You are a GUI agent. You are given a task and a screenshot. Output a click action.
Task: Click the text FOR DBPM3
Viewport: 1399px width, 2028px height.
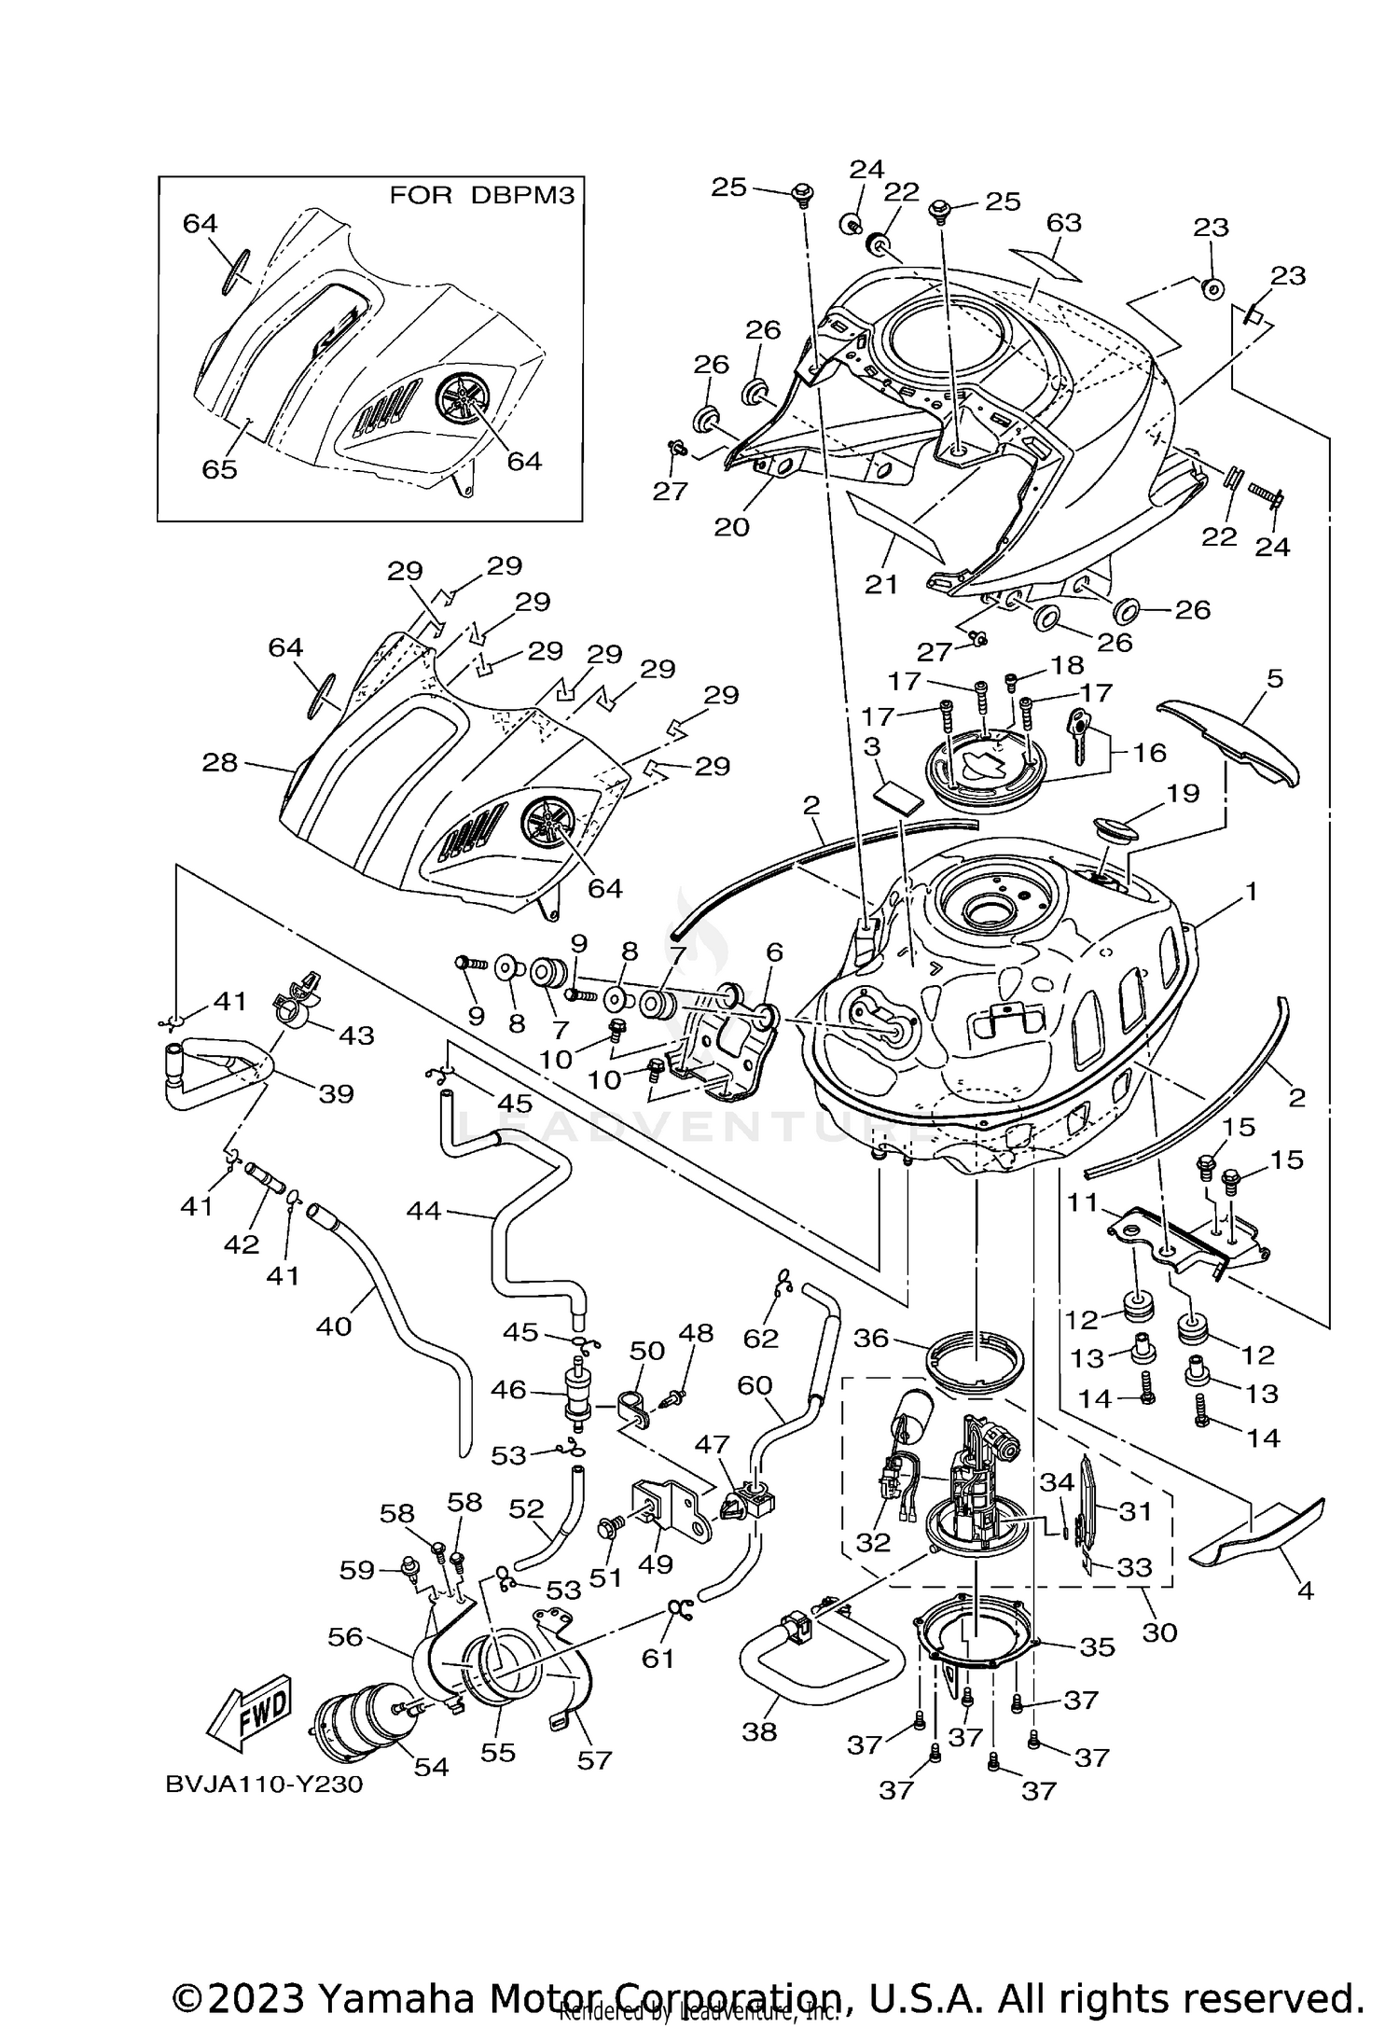(480, 195)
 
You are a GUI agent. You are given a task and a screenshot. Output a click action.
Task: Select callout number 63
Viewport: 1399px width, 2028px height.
(1063, 223)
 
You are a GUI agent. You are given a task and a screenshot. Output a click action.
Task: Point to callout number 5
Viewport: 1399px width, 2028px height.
(1274, 678)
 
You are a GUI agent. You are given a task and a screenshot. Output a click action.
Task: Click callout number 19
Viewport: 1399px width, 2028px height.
(1183, 793)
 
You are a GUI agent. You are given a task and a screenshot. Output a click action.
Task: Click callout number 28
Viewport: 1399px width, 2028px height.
(220, 763)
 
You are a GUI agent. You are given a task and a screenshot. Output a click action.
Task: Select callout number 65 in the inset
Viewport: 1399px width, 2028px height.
(220, 469)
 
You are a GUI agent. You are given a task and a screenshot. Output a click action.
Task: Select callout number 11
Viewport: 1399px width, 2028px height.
(1084, 1202)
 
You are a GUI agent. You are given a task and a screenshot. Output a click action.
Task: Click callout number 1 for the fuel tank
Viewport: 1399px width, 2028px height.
(1251, 892)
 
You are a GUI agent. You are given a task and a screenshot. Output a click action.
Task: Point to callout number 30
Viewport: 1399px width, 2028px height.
(1159, 1632)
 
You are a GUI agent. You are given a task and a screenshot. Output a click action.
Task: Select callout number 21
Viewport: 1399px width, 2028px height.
(881, 584)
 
